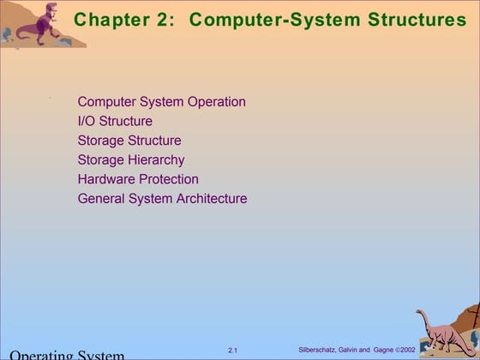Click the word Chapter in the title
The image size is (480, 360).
tap(110, 19)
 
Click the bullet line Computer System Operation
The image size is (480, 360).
tap(161, 102)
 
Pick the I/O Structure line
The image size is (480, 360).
tap(115, 121)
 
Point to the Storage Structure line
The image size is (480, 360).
tap(129, 141)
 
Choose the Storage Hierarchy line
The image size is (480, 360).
tap(131, 159)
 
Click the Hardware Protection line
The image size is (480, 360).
tap(138, 179)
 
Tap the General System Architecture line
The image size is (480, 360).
tap(162, 199)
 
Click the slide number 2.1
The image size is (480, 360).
tap(233, 350)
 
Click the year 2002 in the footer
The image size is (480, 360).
tap(407, 350)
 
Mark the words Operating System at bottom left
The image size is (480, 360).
tap(67, 354)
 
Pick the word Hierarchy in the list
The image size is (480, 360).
tap(156, 159)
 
